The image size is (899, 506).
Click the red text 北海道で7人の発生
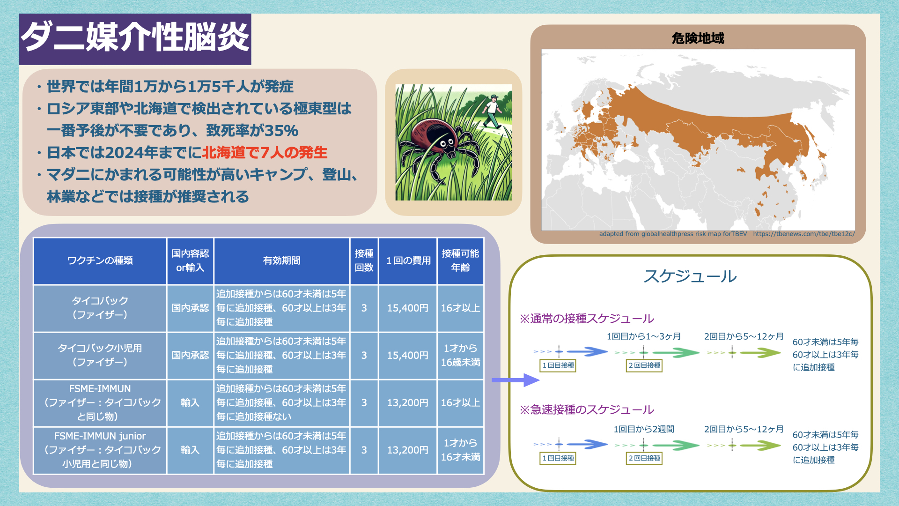pos(265,153)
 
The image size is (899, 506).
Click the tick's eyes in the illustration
pos(446,142)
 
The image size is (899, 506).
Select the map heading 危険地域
pos(698,38)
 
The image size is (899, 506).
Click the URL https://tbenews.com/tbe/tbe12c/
pos(804,234)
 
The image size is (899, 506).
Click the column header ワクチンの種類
pos(100,260)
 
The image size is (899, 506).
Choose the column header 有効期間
pos(281,260)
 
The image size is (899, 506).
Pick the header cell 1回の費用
pos(408,260)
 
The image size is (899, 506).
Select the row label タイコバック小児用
pos(100,348)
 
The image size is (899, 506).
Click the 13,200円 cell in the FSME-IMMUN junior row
pos(407,450)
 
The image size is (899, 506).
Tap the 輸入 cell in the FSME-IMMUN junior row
pos(190,450)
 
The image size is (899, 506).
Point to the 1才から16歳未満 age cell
pos(460,355)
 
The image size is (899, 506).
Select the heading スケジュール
pos(690,276)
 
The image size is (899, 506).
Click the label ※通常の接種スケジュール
pos(587,319)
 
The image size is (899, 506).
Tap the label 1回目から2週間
pos(644,429)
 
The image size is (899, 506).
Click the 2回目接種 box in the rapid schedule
pos(644,458)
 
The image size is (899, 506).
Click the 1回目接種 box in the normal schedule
pos(558,365)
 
